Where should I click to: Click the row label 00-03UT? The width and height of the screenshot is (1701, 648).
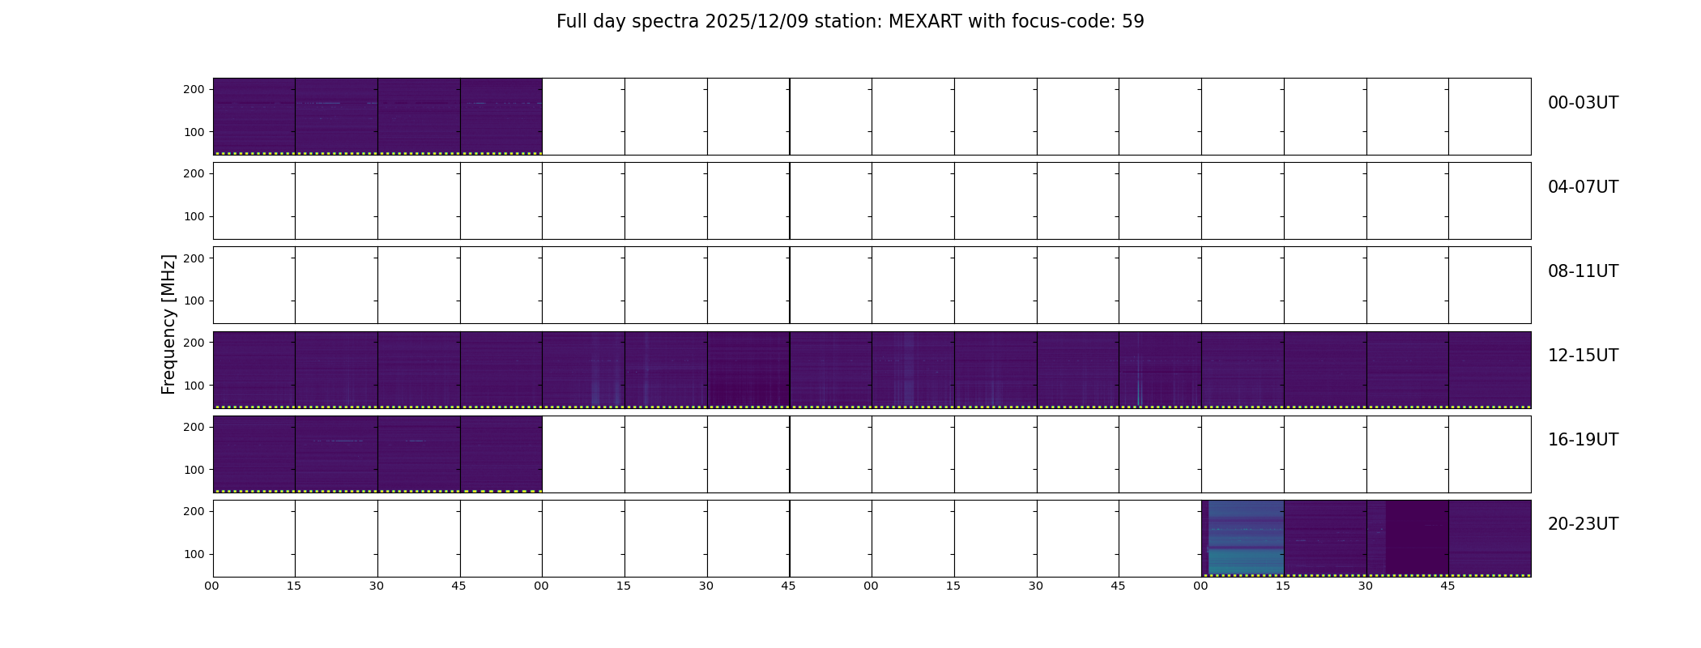pos(1583,103)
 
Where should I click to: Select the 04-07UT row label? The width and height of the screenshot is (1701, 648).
pos(1583,187)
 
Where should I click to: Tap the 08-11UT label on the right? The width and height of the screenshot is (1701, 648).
pos(1583,271)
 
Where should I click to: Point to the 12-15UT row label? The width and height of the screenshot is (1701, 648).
pos(1583,356)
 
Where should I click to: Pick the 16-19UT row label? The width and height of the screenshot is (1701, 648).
pos(1583,440)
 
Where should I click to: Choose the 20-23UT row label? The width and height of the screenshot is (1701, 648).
pos(1583,524)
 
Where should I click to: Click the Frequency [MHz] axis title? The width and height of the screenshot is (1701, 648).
pos(168,325)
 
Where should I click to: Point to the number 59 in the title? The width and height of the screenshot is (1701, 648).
pos(1133,22)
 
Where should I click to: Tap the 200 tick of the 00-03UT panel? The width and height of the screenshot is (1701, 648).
pos(194,89)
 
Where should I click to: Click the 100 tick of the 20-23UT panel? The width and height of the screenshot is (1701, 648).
pos(194,554)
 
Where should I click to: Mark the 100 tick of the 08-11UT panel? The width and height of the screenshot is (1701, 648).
pos(194,301)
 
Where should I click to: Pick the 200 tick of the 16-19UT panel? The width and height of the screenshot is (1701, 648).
pos(194,427)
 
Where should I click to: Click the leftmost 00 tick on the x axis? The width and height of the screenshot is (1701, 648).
pos(211,586)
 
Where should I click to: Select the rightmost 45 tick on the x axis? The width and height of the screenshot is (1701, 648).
pos(1447,586)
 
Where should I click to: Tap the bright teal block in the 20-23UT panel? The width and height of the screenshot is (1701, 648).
pos(1246,538)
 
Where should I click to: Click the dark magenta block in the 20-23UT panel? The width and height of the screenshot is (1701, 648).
pos(1417,538)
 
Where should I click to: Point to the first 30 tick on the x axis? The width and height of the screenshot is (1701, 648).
pos(377,586)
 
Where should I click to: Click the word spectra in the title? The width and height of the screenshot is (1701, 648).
pos(666,23)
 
